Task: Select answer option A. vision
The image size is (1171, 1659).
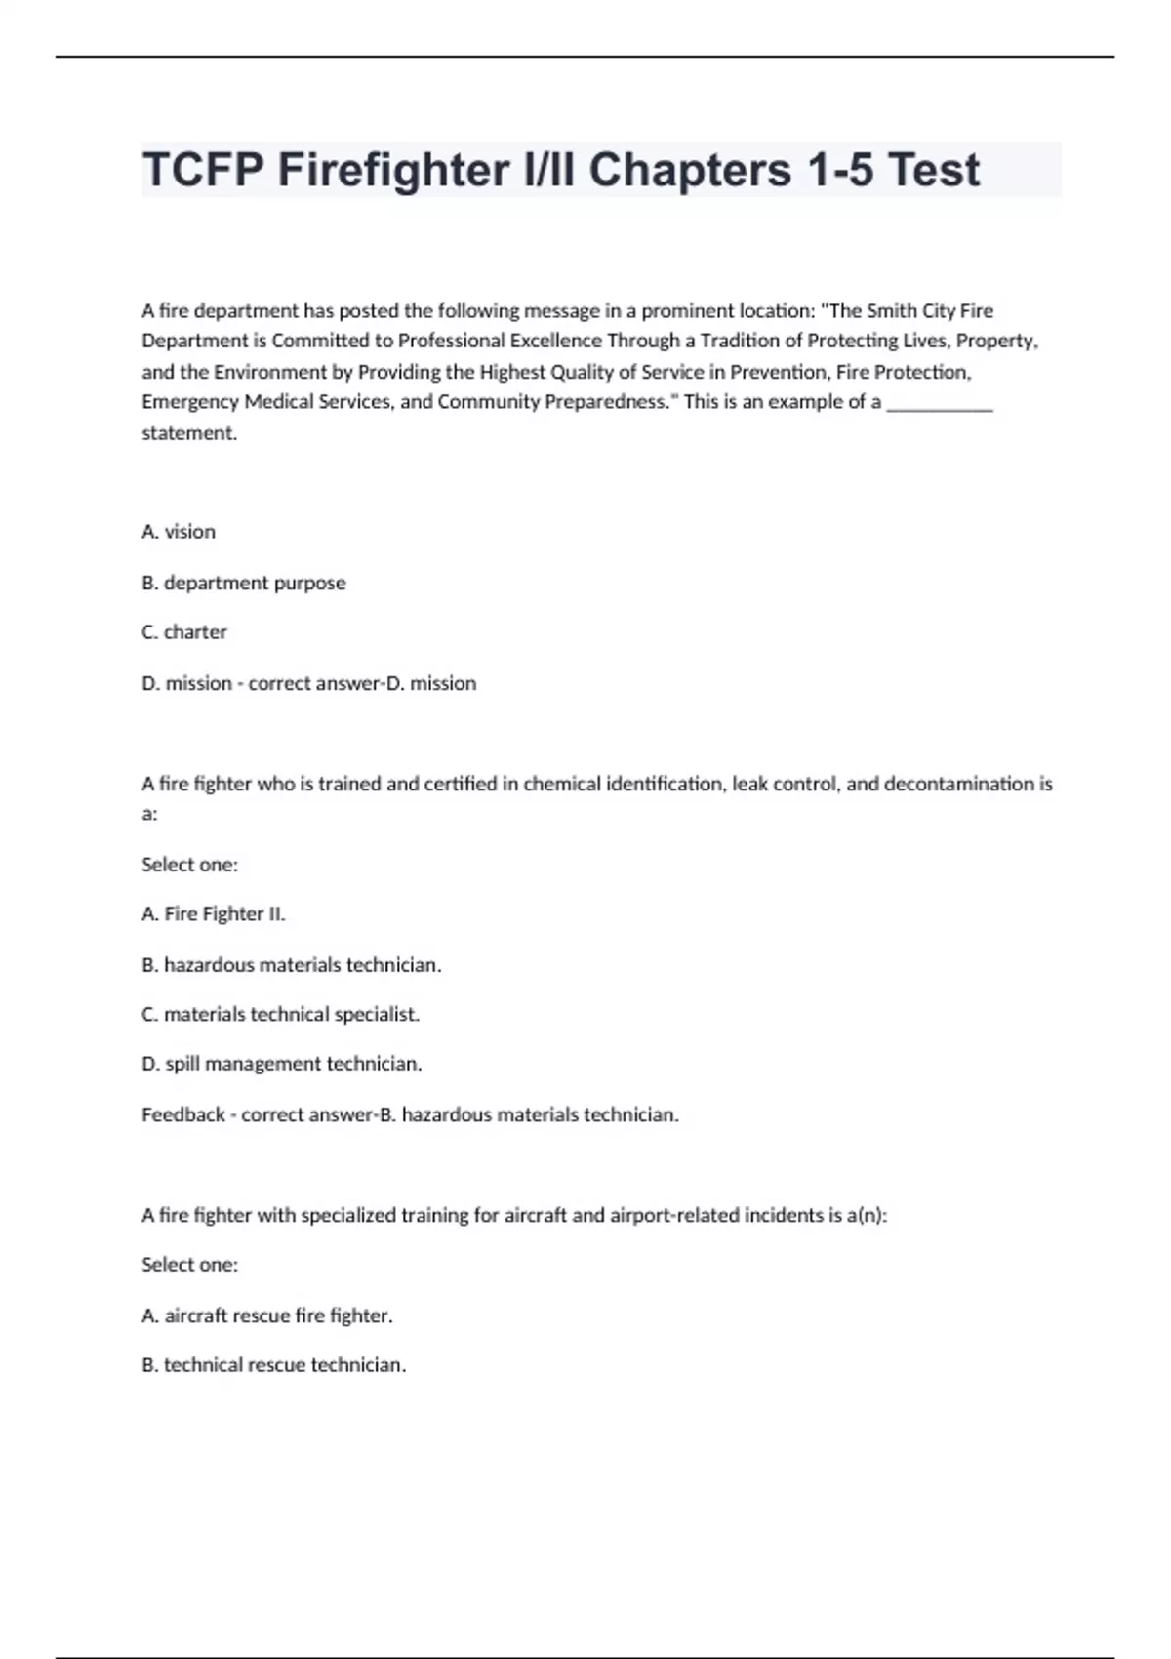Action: pyautogui.click(x=179, y=532)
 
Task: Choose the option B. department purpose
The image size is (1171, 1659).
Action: pyautogui.click(x=244, y=583)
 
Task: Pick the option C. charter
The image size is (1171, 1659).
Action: pyautogui.click(x=184, y=632)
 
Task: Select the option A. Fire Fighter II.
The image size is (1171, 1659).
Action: pyautogui.click(x=214, y=914)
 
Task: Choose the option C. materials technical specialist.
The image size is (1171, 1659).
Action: pyautogui.click(x=281, y=1015)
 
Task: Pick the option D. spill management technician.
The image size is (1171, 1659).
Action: pyautogui.click(x=282, y=1064)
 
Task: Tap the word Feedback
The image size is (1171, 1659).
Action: pyautogui.click(x=183, y=1114)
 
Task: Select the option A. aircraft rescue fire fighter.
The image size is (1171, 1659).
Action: pyautogui.click(x=267, y=1315)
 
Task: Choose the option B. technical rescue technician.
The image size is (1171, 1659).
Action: pyautogui.click(x=274, y=1365)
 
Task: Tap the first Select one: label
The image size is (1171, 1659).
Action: pyautogui.click(x=189, y=865)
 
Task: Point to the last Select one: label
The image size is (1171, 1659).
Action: pyautogui.click(x=189, y=1265)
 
